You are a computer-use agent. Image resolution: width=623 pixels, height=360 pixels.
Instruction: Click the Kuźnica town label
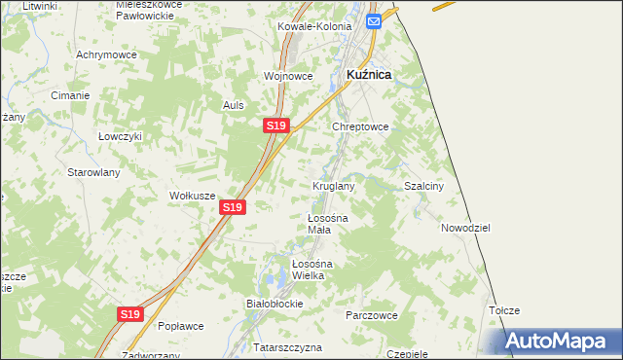[x=369, y=74]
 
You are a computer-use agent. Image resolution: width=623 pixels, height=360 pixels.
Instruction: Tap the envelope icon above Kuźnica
[x=373, y=20]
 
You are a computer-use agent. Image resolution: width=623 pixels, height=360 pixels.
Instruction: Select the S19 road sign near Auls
[x=275, y=126]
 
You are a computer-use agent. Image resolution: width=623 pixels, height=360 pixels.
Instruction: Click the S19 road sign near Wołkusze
[x=232, y=207]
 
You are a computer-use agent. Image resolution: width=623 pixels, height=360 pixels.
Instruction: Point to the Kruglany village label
[x=333, y=185]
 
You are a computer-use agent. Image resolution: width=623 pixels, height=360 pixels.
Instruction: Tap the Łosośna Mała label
[x=320, y=224]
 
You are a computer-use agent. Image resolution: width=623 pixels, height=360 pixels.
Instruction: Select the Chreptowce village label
[x=361, y=126]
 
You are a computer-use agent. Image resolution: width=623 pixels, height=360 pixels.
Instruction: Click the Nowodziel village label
[x=464, y=227]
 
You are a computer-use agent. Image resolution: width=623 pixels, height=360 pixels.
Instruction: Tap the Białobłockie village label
[x=275, y=304]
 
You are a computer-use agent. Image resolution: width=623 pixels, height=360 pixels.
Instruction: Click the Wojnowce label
[x=287, y=75]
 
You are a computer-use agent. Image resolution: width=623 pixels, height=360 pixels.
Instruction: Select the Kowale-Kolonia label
[x=313, y=26]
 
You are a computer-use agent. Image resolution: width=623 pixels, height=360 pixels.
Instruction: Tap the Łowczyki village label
[x=120, y=136]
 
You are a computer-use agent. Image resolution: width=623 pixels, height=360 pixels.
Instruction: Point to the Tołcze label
[x=504, y=310]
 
